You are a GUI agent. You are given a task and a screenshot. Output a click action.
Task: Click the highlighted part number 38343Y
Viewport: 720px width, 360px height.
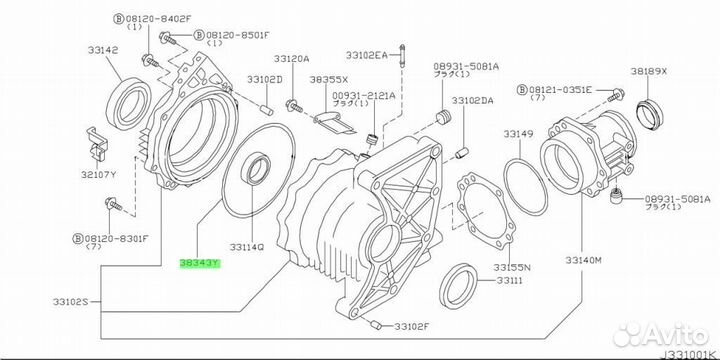[x=200, y=264]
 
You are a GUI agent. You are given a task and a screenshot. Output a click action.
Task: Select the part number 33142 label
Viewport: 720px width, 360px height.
[x=103, y=50]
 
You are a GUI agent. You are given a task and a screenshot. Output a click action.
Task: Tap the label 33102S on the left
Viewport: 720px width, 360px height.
[x=70, y=302]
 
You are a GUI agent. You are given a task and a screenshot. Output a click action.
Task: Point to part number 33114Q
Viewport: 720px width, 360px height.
[x=247, y=247]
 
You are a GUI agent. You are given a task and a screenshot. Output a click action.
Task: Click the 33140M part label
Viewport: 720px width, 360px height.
[x=583, y=260]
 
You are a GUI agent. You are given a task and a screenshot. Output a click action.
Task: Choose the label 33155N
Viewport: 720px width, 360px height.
[x=512, y=267]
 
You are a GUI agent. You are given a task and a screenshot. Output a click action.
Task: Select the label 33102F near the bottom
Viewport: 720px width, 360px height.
[x=411, y=326]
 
